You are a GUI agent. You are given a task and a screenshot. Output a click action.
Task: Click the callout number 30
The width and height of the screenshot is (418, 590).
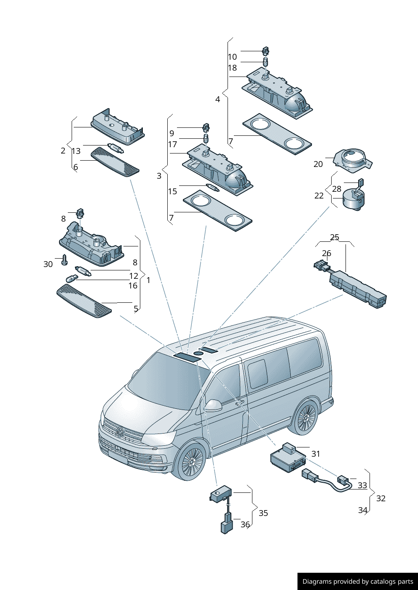[x=48, y=264]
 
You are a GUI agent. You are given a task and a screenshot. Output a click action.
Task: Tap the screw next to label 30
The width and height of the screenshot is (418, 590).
[x=64, y=259]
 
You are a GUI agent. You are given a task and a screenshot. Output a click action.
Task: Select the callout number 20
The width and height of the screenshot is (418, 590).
[x=318, y=164]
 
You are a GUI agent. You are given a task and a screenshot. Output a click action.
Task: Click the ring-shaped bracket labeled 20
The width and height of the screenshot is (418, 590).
[x=353, y=161]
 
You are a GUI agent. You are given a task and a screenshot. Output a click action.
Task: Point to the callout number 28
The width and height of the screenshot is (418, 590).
[x=337, y=189]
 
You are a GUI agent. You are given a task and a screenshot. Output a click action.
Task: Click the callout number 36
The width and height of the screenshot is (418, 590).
[x=245, y=524]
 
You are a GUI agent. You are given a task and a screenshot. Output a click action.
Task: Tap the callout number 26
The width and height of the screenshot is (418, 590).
[x=327, y=253]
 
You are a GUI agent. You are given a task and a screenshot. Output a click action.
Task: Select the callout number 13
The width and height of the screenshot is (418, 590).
[x=76, y=151]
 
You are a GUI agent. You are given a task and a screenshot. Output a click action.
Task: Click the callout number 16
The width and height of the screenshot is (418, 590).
[x=133, y=286]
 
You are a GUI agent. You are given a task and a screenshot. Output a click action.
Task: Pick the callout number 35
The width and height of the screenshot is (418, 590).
[x=263, y=513]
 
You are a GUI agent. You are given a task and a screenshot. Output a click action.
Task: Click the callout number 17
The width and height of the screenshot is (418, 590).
[x=173, y=145]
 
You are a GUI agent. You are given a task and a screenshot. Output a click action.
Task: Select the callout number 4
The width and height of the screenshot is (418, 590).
[x=217, y=99]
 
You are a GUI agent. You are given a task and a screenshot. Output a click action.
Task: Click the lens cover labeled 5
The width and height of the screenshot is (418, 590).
[x=84, y=301]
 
